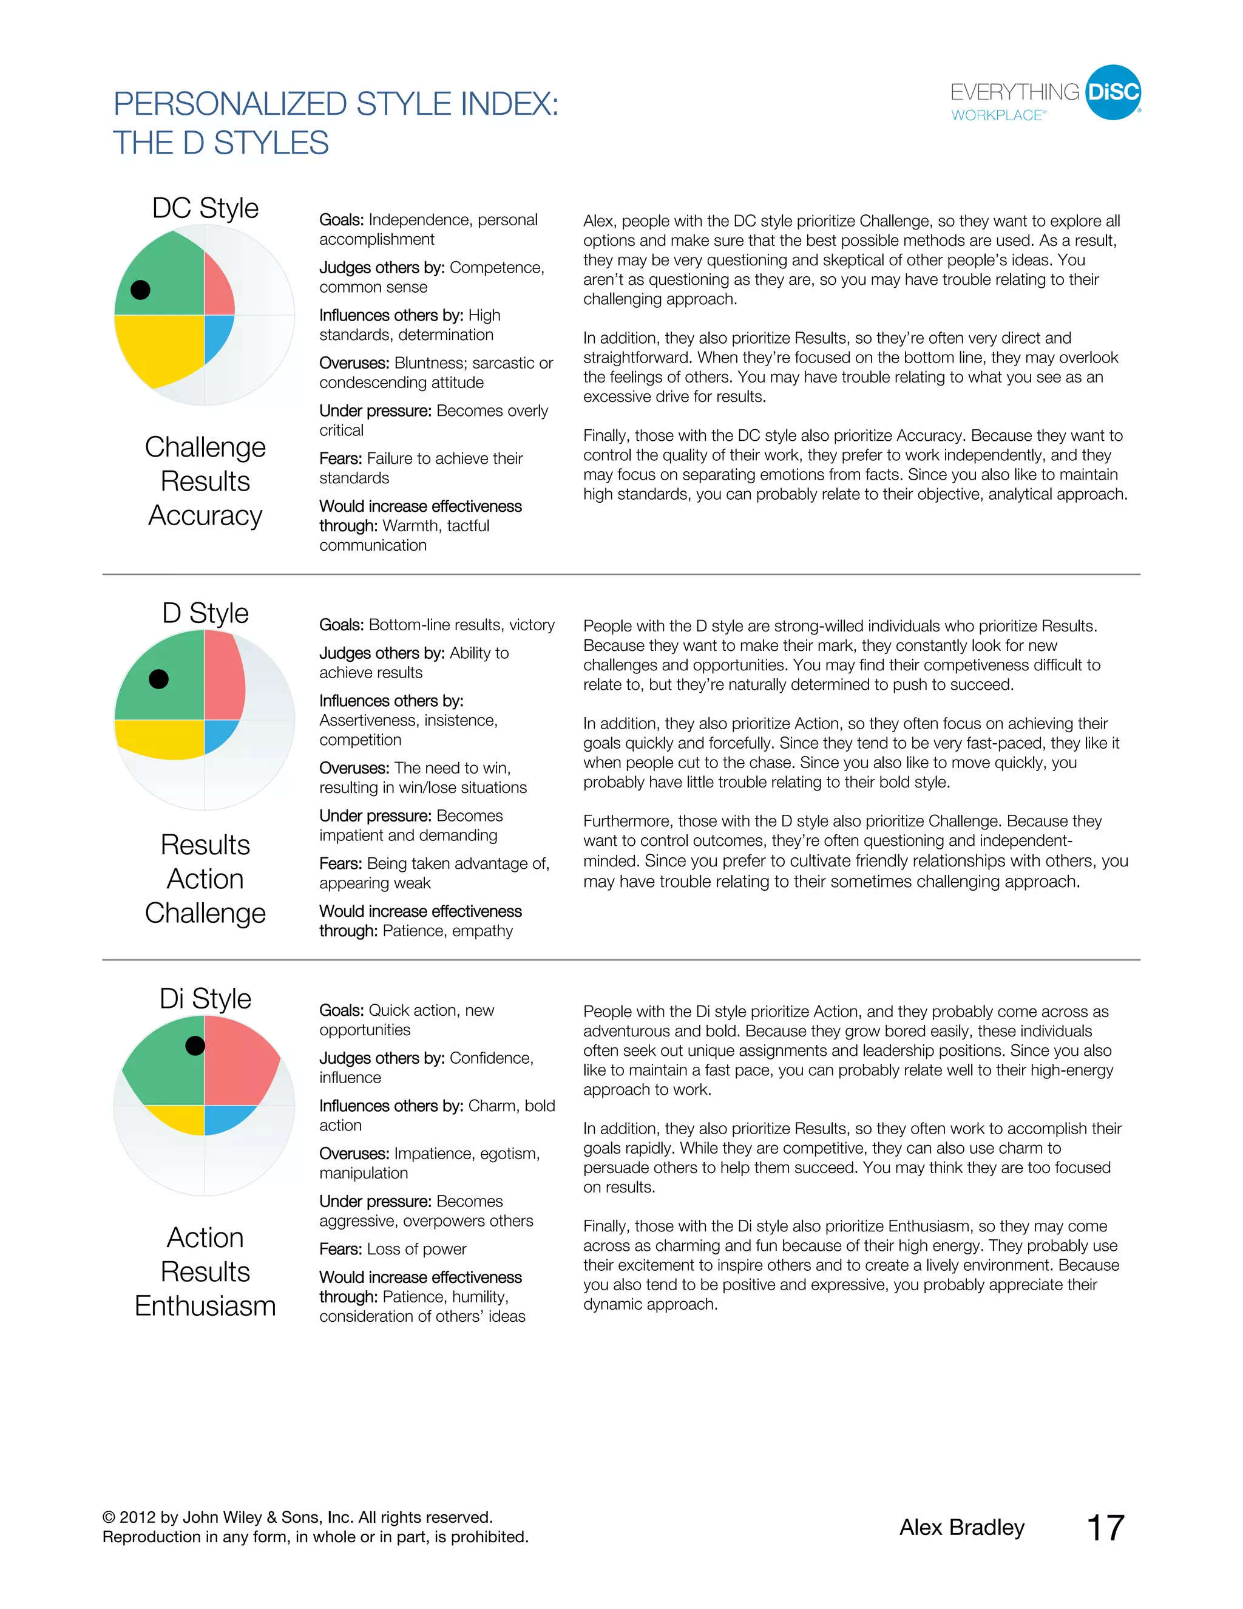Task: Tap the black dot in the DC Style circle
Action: [x=140, y=290]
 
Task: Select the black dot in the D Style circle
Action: [x=158, y=679]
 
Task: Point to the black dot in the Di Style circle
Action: [x=195, y=1046]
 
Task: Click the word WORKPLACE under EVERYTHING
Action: [x=997, y=115]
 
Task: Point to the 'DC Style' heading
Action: [x=206, y=208]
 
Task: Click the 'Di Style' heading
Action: [x=206, y=999]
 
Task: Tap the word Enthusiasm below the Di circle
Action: [x=206, y=1306]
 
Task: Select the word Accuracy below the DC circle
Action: [x=206, y=515]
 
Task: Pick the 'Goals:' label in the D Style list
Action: [x=341, y=625]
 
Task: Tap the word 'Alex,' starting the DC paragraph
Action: [x=600, y=221]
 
